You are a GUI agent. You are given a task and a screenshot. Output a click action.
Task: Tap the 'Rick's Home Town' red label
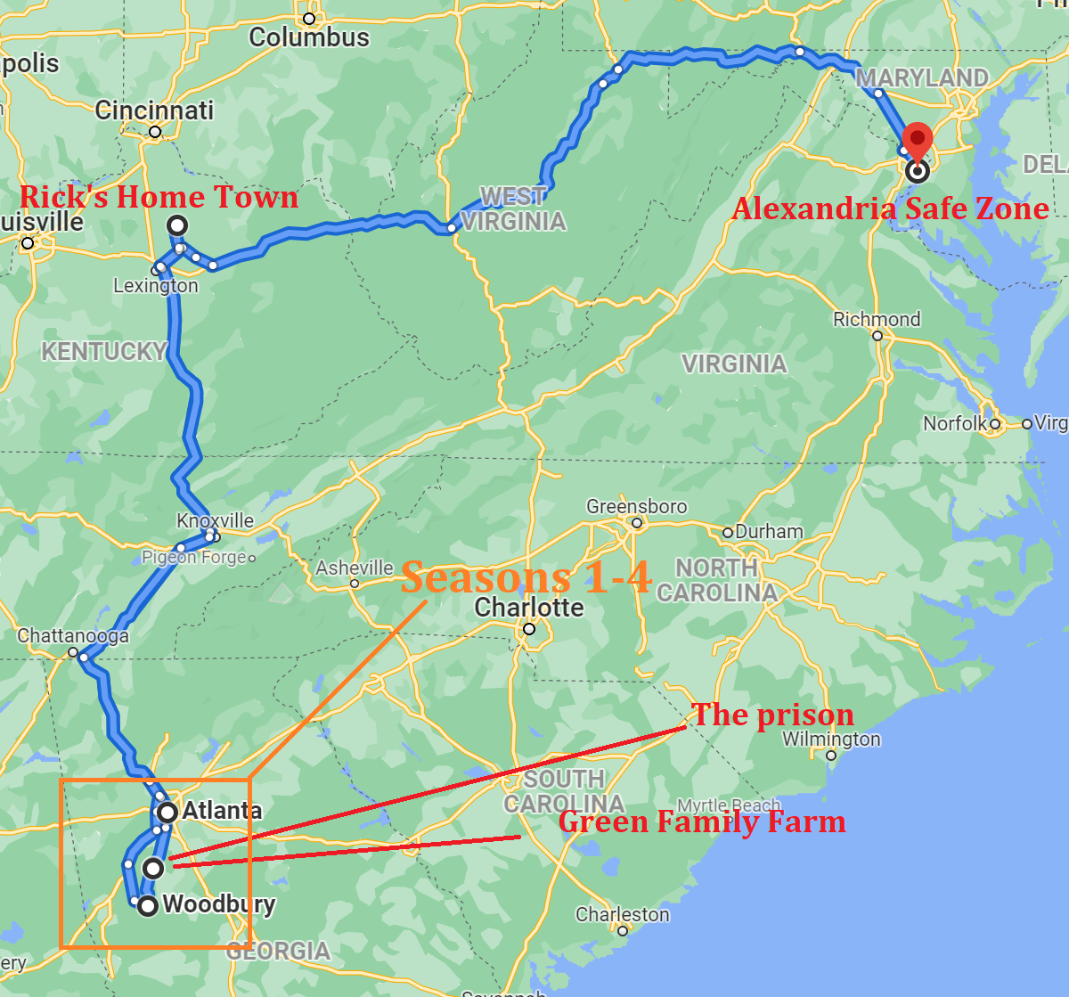159,196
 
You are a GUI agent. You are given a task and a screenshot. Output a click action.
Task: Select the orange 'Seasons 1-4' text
526,577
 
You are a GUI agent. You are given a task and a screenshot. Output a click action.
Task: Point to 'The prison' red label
772,715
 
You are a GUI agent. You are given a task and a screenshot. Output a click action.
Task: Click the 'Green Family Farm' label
702,821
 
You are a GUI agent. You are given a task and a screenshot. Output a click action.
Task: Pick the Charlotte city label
529,608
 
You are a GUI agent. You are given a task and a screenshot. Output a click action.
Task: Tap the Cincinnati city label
154,110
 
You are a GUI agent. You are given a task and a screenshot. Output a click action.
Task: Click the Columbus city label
309,37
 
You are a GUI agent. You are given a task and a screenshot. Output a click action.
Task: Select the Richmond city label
877,319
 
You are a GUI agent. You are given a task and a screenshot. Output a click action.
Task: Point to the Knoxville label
215,520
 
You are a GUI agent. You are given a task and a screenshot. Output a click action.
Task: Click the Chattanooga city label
73,636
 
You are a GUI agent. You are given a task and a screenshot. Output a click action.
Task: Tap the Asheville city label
355,568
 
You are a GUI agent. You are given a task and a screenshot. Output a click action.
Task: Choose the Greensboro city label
636,507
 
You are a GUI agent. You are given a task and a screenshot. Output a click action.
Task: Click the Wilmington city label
831,740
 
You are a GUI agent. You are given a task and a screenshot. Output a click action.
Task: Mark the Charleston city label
623,915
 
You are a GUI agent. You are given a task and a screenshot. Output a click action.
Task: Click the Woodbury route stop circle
148,905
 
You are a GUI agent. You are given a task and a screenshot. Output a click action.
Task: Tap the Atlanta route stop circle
167,812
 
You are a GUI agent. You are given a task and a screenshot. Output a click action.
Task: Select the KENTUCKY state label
104,352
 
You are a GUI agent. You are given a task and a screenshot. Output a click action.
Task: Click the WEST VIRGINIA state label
513,208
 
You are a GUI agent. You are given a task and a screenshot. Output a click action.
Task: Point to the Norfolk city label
956,423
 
